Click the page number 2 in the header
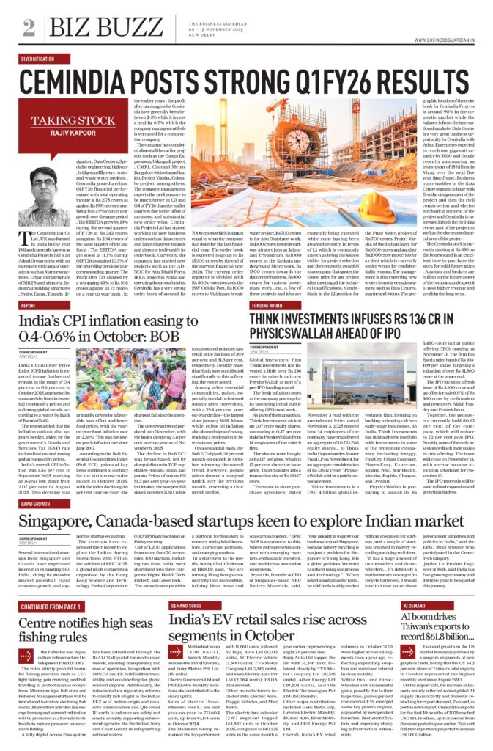point(28,26)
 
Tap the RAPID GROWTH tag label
point(35,483)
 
